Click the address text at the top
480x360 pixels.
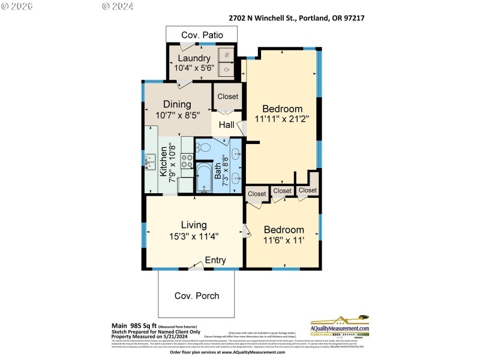click(297, 18)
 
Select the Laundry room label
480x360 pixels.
click(194, 58)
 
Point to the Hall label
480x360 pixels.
click(226, 125)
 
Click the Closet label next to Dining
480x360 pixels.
click(228, 96)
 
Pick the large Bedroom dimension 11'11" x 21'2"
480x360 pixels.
click(282, 119)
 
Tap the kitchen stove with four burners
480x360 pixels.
click(187, 160)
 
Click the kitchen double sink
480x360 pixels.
click(150, 161)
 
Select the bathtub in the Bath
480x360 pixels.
click(205, 178)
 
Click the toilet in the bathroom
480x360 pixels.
click(204, 147)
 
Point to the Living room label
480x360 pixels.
click(194, 225)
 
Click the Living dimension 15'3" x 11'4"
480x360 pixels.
click(194, 236)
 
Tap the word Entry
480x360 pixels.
click(215, 260)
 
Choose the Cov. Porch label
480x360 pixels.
click(197, 296)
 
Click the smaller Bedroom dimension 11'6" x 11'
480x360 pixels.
click(284, 241)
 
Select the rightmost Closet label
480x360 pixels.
click(308, 190)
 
